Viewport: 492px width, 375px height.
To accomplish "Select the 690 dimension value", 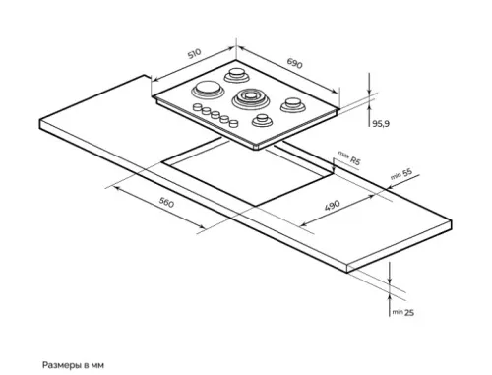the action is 294,64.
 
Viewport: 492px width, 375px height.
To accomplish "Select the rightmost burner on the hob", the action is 292,105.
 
